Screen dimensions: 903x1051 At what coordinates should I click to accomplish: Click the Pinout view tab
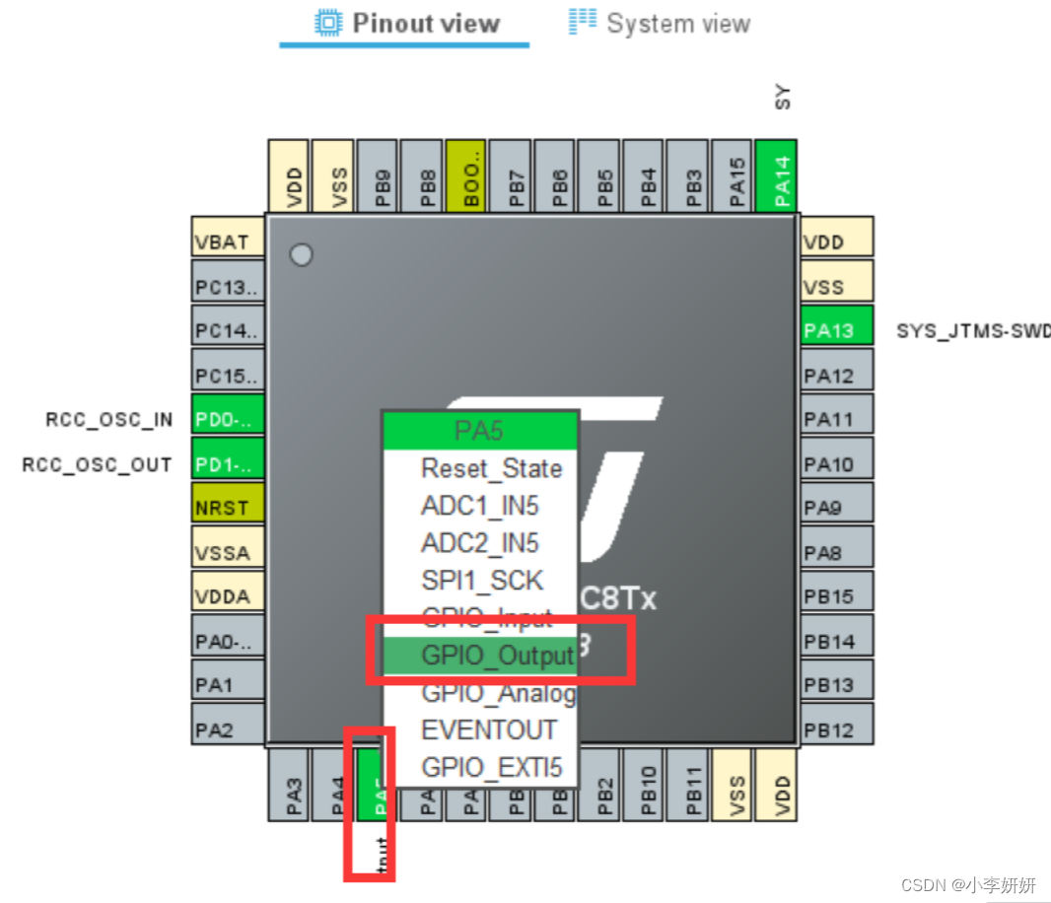pyautogui.click(x=406, y=24)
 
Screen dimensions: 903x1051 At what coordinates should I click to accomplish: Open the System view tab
pyautogui.click(x=660, y=24)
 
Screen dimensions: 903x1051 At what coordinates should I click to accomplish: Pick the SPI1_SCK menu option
pyautogui.click(x=481, y=581)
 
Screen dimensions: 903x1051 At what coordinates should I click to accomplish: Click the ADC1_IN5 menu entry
pyautogui.click(x=481, y=507)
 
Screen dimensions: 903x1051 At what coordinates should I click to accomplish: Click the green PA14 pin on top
pyautogui.click(x=776, y=175)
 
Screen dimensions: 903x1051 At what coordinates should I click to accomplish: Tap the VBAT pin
pyautogui.click(x=228, y=243)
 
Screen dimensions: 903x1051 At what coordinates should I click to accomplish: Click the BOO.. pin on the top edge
pyautogui.click(x=466, y=175)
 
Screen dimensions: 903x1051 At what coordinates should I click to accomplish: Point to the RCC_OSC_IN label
pyautogui.click(x=108, y=420)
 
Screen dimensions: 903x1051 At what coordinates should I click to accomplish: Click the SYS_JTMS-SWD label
pyautogui.click(x=972, y=331)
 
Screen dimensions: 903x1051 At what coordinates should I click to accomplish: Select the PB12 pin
pyautogui.click(x=837, y=730)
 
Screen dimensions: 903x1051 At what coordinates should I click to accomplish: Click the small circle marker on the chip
pyautogui.click(x=301, y=255)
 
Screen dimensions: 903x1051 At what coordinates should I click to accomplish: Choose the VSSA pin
pyautogui.click(x=228, y=553)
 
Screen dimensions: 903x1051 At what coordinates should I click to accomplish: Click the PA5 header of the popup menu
pyautogui.click(x=479, y=431)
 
